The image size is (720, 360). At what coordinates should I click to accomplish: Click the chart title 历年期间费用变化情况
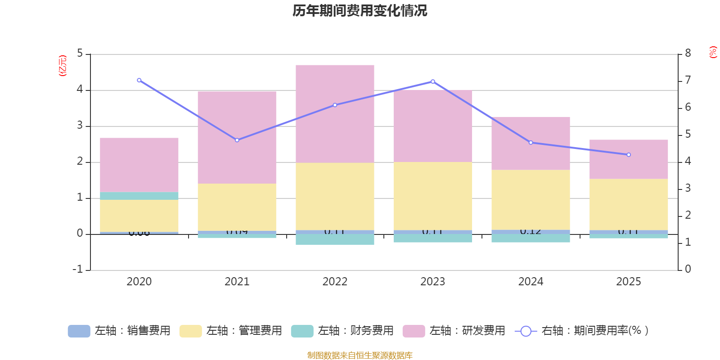(360, 11)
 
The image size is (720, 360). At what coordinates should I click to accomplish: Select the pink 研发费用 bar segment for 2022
(335, 113)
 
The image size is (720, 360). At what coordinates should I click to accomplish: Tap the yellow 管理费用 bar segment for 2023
(432, 196)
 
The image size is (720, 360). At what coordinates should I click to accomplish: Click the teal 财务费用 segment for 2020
(139, 196)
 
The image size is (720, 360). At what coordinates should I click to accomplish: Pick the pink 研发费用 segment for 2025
(629, 159)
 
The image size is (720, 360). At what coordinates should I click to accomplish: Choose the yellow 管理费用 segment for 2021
(237, 207)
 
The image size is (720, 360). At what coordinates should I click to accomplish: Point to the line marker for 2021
(237, 140)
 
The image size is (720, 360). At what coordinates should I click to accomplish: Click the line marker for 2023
(433, 81)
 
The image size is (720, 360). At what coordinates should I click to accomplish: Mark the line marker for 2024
(531, 143)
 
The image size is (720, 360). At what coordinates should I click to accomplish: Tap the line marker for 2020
(139, 80)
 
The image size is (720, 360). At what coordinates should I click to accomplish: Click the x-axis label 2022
(335, 282)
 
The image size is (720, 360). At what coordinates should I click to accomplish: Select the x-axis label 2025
(629, 282)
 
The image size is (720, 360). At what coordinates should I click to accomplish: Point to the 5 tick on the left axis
(80, 54)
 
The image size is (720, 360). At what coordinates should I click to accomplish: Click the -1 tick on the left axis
(78, 270)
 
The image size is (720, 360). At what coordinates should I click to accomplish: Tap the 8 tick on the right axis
(688, 54)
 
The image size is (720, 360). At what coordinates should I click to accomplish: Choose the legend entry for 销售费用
(119, 331)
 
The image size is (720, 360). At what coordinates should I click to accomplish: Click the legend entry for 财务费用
(342, 331)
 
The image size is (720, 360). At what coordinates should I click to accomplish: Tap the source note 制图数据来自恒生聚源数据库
(360, 355)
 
